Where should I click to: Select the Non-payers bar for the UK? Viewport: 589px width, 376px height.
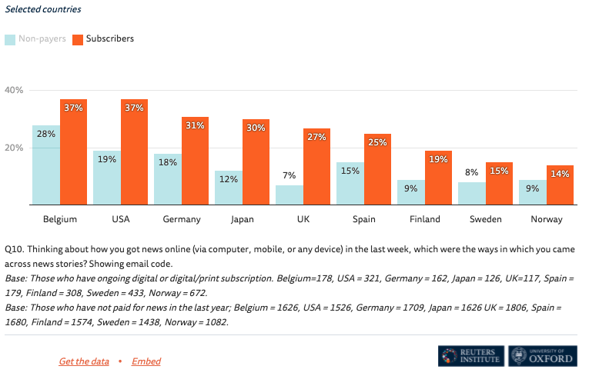[289, 195]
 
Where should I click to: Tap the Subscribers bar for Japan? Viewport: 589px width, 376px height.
[256, 162]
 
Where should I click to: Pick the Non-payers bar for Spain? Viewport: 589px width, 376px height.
[350, 184]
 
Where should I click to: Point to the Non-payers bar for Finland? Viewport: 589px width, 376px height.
[410, 192]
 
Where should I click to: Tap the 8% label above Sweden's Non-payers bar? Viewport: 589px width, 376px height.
[470, 173]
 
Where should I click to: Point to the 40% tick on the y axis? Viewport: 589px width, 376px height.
[15, 90]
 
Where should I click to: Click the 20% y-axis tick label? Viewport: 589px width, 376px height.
[15, 148]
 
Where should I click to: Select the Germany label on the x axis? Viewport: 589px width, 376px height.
[182, 219]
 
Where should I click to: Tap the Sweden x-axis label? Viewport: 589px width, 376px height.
[485, 219]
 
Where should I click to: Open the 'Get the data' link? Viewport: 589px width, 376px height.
[84, 361]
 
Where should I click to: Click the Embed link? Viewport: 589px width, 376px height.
[146, 361]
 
